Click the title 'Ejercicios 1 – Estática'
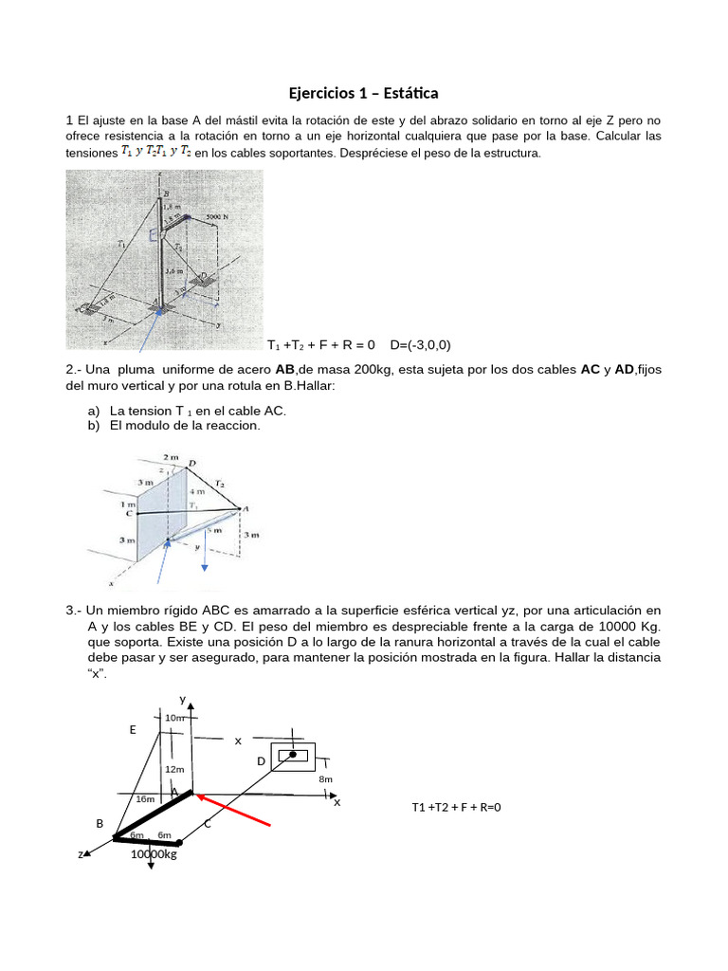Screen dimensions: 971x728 click(364, 93)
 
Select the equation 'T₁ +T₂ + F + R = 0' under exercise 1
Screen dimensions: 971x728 click(321, 344)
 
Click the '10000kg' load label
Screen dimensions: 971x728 click(154, 853)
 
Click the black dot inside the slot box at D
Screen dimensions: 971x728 click(293, 755)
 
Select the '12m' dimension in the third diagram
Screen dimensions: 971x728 click(174, 769)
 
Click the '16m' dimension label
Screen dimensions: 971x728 click(145, 799)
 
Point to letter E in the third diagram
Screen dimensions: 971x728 click(133, 730)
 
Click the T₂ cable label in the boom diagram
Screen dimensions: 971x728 click(219, 483)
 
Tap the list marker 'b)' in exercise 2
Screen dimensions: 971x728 click(93, 426)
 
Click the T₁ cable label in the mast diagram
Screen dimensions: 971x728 click(119, 244)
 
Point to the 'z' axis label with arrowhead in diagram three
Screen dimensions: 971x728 click(82, 854)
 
